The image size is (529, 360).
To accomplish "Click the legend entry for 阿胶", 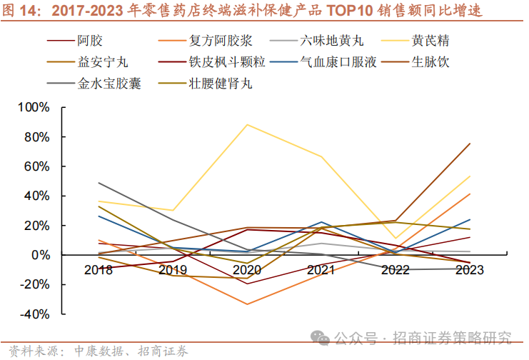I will (x=90, y=41).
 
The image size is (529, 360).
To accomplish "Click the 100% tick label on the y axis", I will (x=35, y=107).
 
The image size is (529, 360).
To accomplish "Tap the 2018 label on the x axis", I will (x=99, y=270).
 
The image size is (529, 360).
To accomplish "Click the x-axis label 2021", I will (x=321, y=270).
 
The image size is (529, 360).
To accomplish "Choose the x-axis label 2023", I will (x=469, y=270).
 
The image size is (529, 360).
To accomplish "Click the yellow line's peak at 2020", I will (x=247, y=124).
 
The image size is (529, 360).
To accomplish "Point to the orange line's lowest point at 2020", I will (x=247, y=304).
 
